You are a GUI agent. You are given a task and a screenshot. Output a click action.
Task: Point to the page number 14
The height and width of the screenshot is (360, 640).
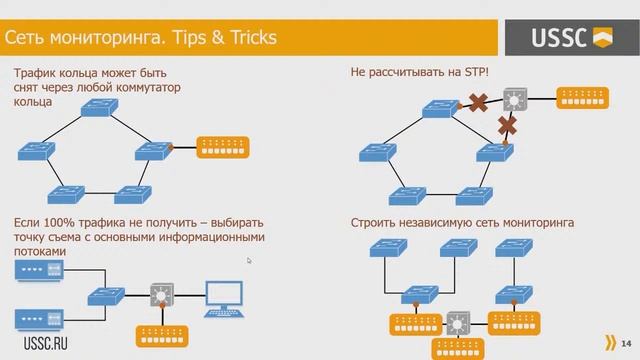pos(625,341)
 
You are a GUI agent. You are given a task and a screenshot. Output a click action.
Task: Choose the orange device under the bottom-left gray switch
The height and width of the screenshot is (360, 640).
pos(161,333)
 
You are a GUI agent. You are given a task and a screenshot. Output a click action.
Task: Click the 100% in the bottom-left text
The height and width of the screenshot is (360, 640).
pos(59,222)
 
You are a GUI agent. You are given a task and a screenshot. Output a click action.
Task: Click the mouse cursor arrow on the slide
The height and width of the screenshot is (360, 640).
pos(249,261)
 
